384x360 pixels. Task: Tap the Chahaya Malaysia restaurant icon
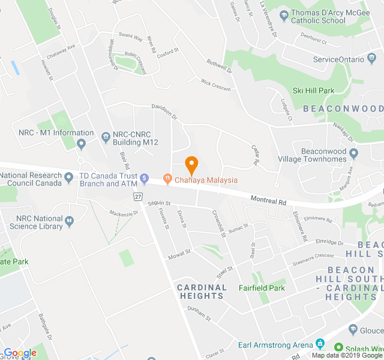pyautogui.click(x=167, y=179)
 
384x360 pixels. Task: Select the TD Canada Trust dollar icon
pyautogui.click(x=144, y=179)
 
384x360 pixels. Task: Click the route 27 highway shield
pyautogui.click(x=139, y=196)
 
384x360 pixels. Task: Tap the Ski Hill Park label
pyautogui.click(x=313, y=91)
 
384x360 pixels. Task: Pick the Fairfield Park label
pyautogui.click(x=262, y=288)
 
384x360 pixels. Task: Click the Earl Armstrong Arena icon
pyautogui.click(x=320, y=344)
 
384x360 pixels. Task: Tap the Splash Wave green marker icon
pyautogui.click(x=339, y=348)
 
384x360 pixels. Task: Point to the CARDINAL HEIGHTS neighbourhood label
pyautogui.click(x=202, y=292)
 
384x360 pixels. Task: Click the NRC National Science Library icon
pyautogui.click(x=70, y=223)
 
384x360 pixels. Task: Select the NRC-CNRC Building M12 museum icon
pyautogui.click(x=106, y=137)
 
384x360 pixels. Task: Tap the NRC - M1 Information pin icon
pyautogui.click(x=82, y=144)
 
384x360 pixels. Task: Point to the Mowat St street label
pyautogui.click(x=179, y=253)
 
